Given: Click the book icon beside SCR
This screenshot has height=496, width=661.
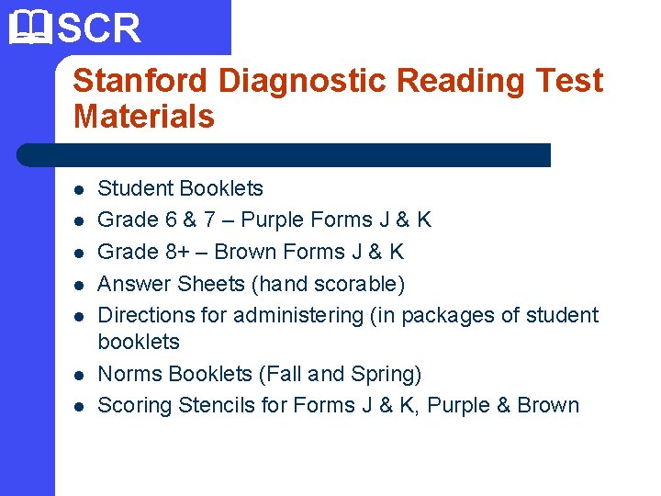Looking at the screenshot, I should click(x=28, y=28).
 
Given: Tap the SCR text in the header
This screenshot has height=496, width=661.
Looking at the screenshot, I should click(x=99, y=28).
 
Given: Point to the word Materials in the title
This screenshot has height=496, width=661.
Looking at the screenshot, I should click(x=143, y=117).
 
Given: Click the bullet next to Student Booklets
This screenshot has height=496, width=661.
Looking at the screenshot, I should click(x=79, y=190).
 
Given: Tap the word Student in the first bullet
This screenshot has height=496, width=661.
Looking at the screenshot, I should click(x=134, y=188).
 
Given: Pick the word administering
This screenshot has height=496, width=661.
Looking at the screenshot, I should click(x=298, y=315).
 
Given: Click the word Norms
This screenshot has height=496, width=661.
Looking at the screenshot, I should click(x=126, y=374).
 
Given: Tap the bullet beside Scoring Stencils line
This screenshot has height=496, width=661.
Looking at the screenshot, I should click(x=79, y=407).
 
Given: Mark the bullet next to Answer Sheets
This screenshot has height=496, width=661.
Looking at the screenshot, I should click(x=79, y=286).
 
